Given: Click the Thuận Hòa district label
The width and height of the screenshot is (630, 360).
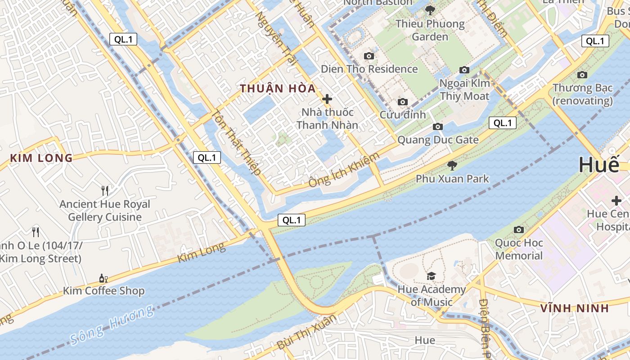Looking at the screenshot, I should pyautogui.click(x=278, y=89).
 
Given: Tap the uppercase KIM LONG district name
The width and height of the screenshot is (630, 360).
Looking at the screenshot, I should pyautogui.click(x=41, y=158).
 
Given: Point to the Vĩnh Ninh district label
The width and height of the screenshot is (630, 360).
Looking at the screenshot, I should pyautogui.click(x=574, y=308).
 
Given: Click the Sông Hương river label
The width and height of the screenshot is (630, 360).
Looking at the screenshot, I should pyautogui.click(x=112, y=325).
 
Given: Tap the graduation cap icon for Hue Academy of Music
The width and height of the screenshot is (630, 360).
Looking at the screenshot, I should pyautogui.click(x=431, y=276).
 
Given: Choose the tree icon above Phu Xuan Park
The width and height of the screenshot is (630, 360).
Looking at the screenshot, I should pyautogui.click(x=452, y=166).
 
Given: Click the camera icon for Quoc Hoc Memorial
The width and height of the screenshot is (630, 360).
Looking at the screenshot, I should pyautogui.click(x=519, y=230).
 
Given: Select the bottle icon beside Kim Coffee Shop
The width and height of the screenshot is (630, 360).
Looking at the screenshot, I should pyautogui.click(x=103, y=279).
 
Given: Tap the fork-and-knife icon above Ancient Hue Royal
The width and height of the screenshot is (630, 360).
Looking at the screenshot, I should pyautogui.click(x=105, y=191).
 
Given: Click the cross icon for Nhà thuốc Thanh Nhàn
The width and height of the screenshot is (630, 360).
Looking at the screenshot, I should pyautogui.click(x=327, y=99).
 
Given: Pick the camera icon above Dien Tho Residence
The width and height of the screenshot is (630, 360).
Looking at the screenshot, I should pyautogui.click(x=369, y=56).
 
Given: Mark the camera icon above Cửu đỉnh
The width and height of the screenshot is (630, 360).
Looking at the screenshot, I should pyautogui.click(x=403, y=102).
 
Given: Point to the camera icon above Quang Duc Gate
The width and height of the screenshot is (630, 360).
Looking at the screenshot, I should pyautogui.click(x=438, y=127).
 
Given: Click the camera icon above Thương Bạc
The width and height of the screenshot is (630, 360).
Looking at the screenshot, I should pyautogui.click(x=582, y=75).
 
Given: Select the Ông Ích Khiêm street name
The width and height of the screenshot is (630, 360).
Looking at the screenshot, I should pyautogui.click(x=344, y=170).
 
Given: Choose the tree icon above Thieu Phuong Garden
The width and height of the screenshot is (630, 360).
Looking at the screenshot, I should pyautogui.click(x=430, y=10).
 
